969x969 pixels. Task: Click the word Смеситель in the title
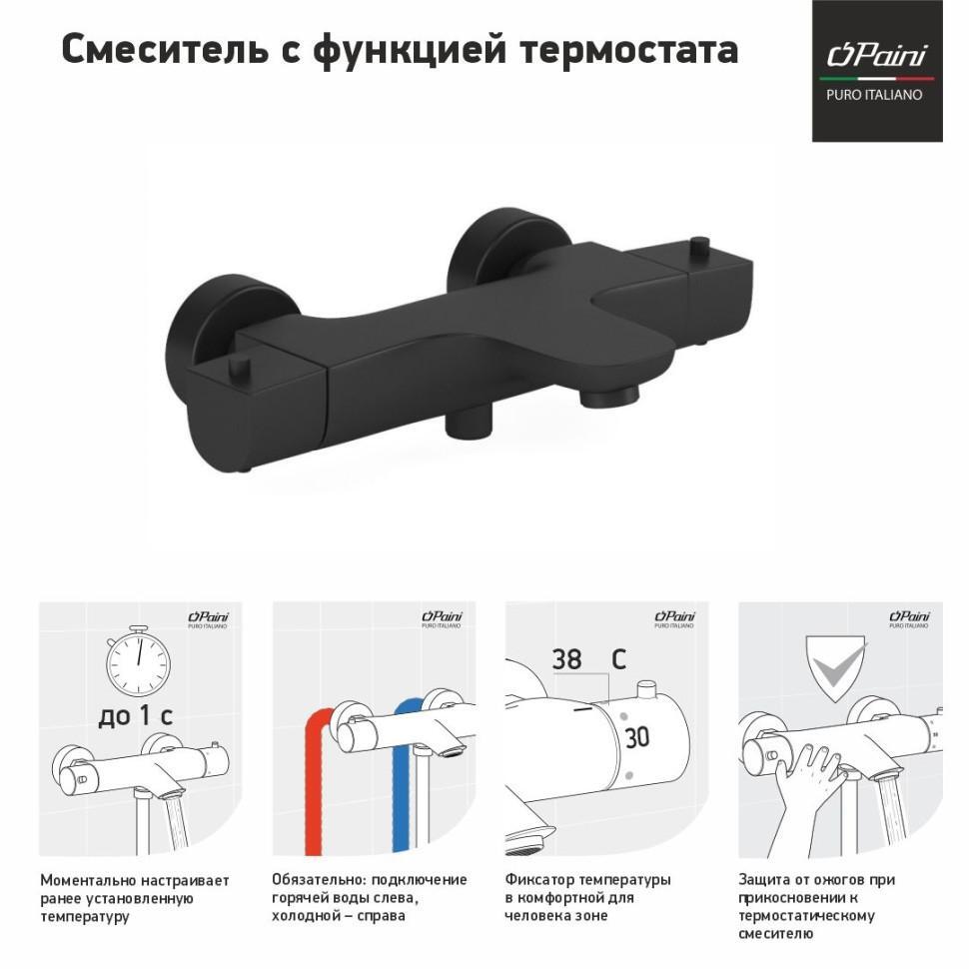165,49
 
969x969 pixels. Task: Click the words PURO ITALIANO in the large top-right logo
874,95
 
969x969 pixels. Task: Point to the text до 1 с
135,715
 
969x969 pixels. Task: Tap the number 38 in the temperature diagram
566,659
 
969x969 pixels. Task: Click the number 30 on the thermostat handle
636,738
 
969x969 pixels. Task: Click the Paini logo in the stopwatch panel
208,619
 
